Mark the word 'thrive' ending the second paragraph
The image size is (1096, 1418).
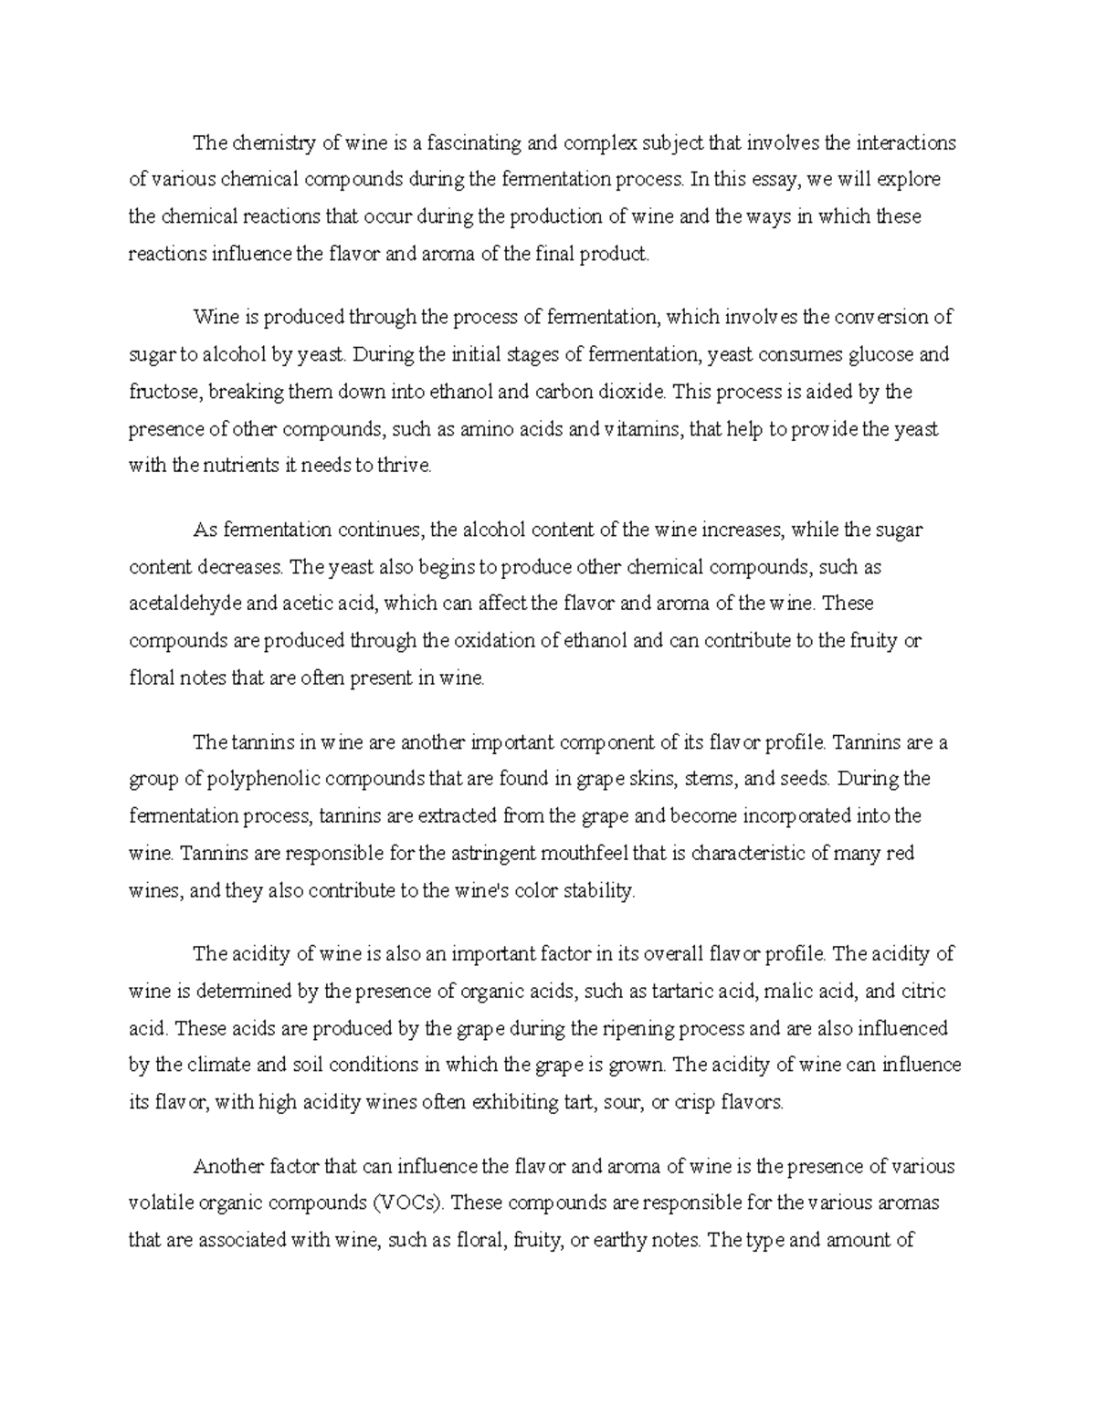(x=403, y=465)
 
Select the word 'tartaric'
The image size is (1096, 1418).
(x=684, y=991)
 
